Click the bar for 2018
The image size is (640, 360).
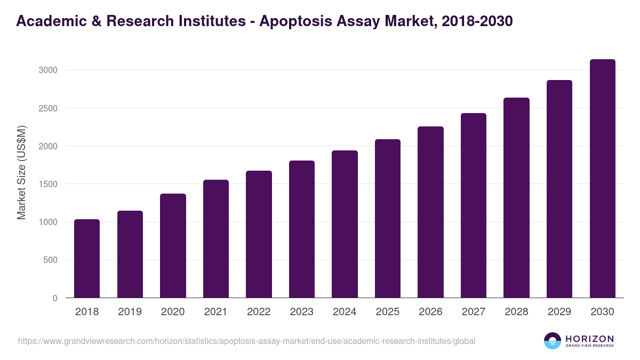point(87,259)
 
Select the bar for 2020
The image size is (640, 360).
point(173,246)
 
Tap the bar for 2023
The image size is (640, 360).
point(301,229)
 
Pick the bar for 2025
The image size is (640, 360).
point(387,219)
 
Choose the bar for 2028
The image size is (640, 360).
point(516,198)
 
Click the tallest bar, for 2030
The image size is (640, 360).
point(602,179)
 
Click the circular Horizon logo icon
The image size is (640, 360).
point(553,341)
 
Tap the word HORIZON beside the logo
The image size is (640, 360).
point(589,338)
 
